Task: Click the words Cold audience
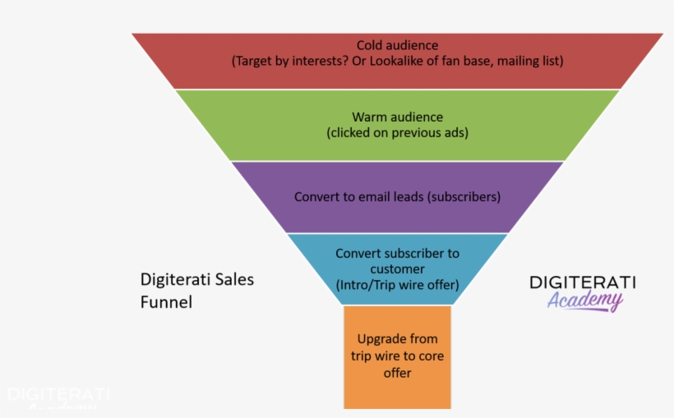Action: click(x=397, y=45)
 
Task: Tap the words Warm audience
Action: click(x=397, y=117)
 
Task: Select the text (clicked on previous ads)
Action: click(x=397, y=132)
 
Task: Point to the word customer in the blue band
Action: click(x=397, y=269)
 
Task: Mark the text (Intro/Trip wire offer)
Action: click(x=397, y=284)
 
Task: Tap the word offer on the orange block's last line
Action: click(x=397, y=373)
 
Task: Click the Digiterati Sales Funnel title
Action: click(x=196, y=290)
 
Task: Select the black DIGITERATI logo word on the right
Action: click(x=582, y=282)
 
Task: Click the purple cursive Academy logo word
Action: click(x=585, y=301)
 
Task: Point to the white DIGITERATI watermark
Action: click(x=58, y=395)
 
